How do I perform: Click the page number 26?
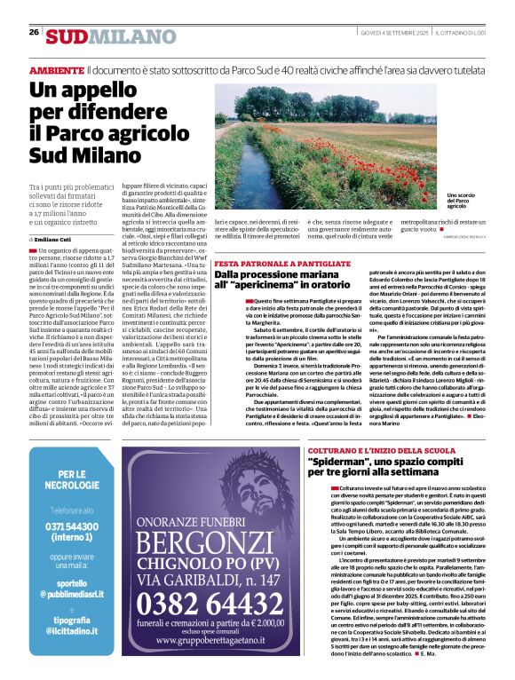(34, 32)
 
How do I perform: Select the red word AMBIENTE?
(57, 69)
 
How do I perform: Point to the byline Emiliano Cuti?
(58, 240)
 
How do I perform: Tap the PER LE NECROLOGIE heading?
(72, 480)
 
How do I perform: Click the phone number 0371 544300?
(72, 526)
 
